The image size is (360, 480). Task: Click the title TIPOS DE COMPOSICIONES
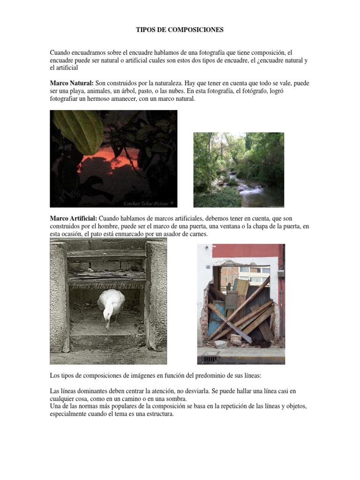180,30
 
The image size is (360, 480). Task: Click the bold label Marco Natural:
72,83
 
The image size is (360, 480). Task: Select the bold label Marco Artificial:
74,218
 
